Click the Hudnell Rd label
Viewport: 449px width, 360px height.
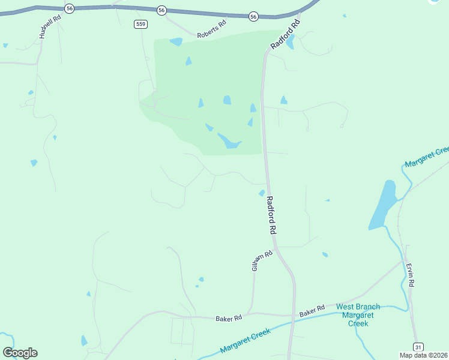click(x=50, y=27)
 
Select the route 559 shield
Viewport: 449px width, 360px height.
click(x=140, y=23)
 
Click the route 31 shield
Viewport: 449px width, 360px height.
click(x=418, y=347)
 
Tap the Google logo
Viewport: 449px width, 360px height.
click(x=20, y=353)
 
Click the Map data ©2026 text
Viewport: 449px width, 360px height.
click(x=424, y=355)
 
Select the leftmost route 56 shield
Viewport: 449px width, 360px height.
click(x=70, y=8)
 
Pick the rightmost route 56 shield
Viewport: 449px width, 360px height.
click(x=253, y=17)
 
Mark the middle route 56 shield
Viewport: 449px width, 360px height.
click(x=161, y=10)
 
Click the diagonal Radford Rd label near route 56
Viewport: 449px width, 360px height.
click(x=285, y=35)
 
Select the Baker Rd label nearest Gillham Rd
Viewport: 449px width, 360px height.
click(x=229, y=318)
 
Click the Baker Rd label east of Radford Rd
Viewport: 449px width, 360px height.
click(x=312, y=312)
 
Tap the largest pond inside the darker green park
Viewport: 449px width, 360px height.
click(x=229, y=141)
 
